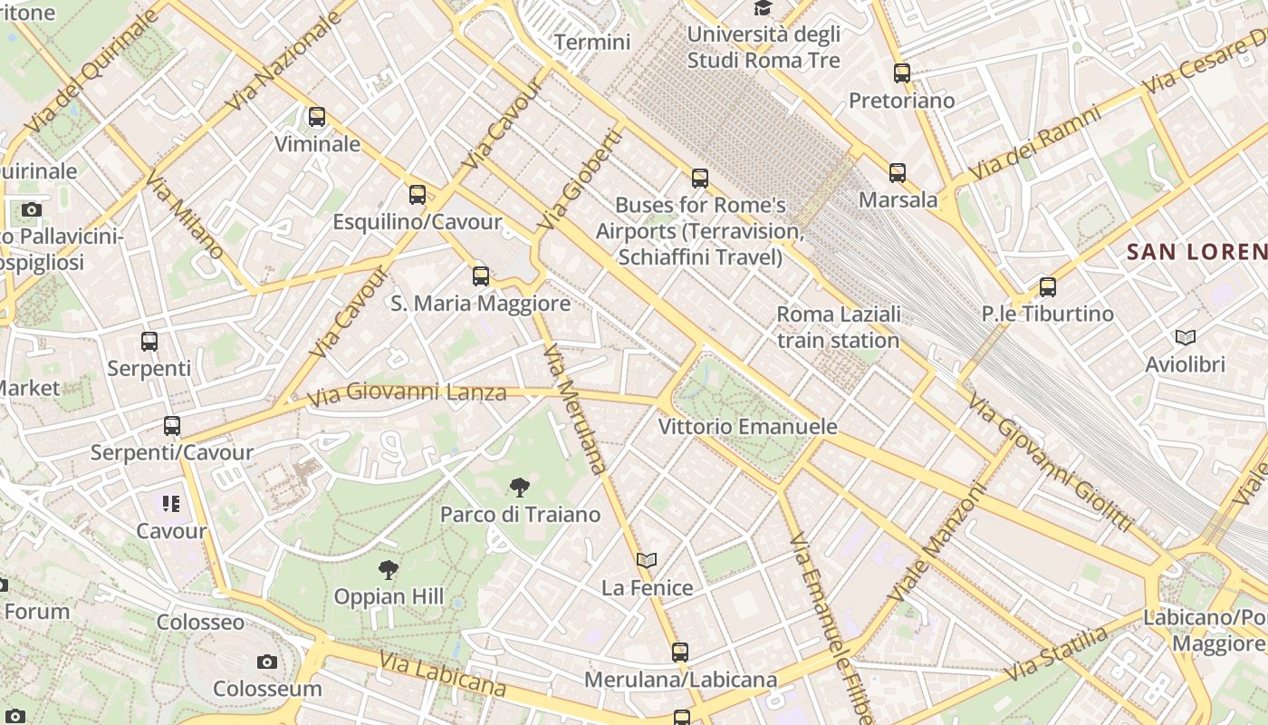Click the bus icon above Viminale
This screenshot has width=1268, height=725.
[x=316, y=117]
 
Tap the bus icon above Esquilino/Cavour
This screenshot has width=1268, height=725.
[x=417, y=194]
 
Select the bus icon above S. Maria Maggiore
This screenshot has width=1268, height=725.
[x=481, y=275]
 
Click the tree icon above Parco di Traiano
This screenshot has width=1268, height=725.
[x=519, y=488]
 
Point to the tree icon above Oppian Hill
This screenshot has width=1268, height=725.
[x=389, y=570]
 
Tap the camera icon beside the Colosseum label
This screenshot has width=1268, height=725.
[x=266, y=662]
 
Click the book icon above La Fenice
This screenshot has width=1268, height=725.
[x=647, y=561]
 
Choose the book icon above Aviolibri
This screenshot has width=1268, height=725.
[x=1185, y=338]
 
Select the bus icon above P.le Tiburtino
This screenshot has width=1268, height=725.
[x=1048, y=287]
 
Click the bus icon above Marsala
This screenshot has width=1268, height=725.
[x=898, y=172]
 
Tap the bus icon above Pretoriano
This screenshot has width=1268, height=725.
[x=901, y=73]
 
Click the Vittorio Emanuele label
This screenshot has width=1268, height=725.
[x=748, y=426]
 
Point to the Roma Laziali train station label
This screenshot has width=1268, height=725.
[x=839, y=327]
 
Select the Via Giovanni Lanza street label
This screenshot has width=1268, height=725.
[x=407, y=393]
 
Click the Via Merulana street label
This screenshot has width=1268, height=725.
[x=574, y=409]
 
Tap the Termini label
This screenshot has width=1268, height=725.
[x=592, y=42]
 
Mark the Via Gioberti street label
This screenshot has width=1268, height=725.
[x=581, y=179]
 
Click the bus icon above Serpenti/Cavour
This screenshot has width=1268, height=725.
[x=171, y=425]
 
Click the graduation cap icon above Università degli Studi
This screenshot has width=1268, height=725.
[x=764, y=8]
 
